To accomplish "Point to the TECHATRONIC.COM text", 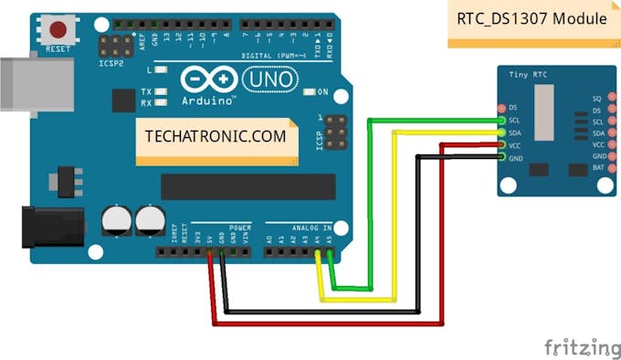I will (215, 137).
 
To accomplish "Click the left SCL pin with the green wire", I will (501, 121).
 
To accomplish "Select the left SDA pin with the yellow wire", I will (501, 132).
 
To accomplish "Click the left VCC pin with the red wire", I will (501, 145).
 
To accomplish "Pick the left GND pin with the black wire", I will (501, 157).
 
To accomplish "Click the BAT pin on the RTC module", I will (608, 169).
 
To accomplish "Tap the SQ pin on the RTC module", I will (608, 98).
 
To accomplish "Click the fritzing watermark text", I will (582, 347).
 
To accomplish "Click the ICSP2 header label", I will (111, 64).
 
